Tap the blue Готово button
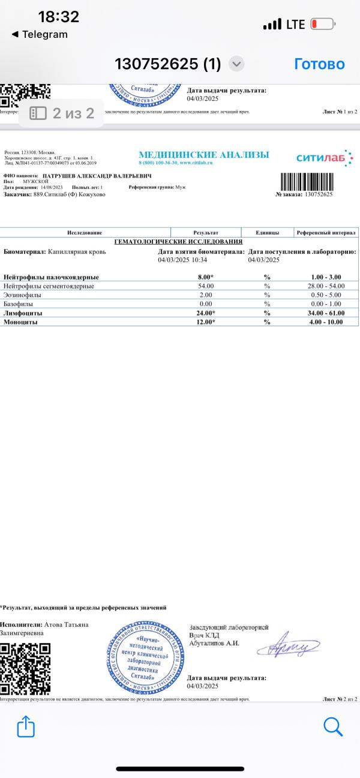coord(319,64)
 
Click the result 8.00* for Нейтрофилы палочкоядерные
coord(206,277)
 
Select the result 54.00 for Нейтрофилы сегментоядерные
coord(206,286)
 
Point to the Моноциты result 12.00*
coord(206,322)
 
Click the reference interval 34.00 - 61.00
coord(327,313)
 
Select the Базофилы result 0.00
coord(206,304)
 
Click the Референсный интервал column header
coord(326,232)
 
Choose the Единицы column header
coord(267,232)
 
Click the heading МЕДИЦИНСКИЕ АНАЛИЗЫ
coord(204,155)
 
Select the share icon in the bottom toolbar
coord(26,727)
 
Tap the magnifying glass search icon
coord(332,726)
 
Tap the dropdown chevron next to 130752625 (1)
coord(237,64)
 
